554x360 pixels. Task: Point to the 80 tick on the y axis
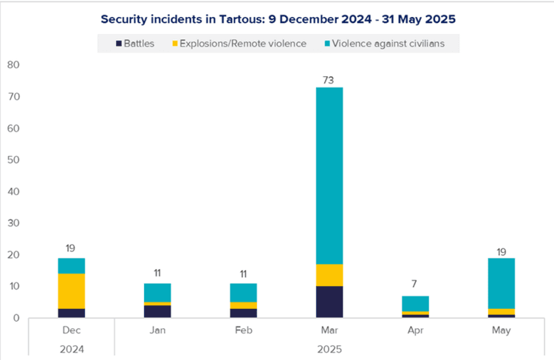12,65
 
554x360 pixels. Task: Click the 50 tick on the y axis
12,160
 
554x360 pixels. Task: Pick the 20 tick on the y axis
12,255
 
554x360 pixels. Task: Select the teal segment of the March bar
329,175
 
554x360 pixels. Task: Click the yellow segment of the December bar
72,291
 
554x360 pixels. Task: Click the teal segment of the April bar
414,304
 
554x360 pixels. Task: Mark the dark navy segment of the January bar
157,311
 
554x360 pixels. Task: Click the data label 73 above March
329,79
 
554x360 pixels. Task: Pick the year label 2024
72,347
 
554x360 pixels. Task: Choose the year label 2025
329,347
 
